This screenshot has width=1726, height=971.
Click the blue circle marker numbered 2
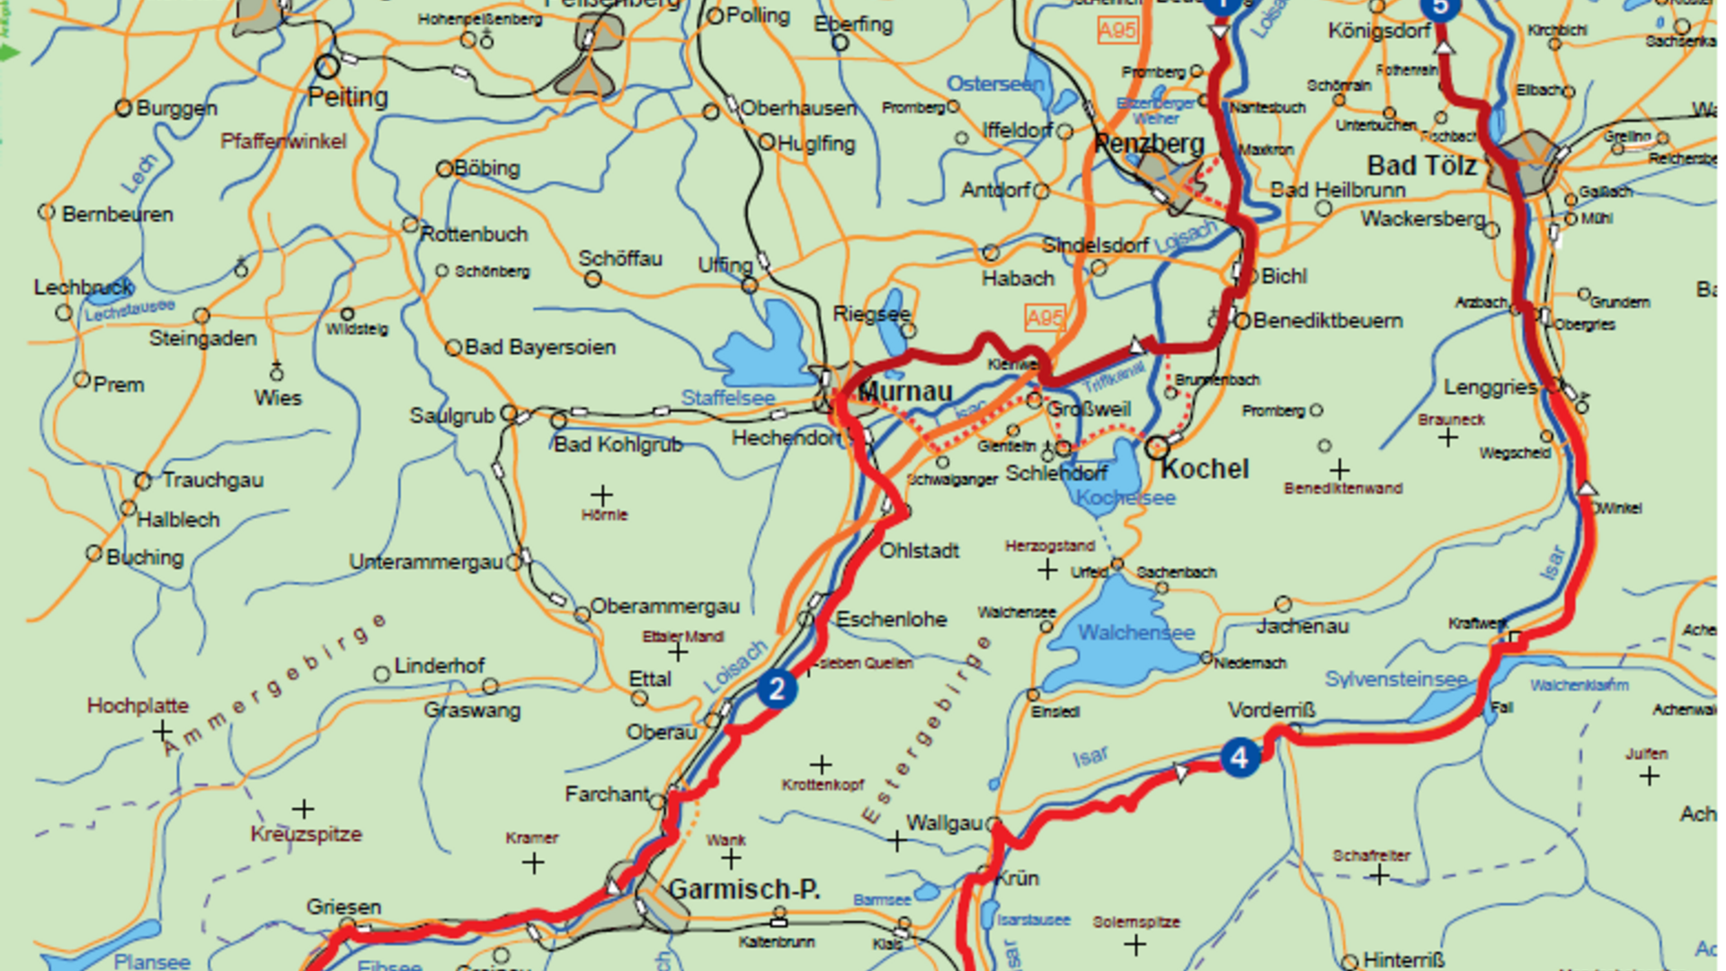[777, 690]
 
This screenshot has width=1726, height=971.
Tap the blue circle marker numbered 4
[1240, 758]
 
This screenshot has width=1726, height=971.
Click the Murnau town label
[905, 392]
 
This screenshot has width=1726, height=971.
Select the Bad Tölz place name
[1422, 166]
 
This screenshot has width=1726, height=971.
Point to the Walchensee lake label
[1136, 633]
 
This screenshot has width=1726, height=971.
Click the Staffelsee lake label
[727, 397]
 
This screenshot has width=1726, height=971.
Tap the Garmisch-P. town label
[744, 889]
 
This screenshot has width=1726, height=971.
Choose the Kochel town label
[1205, 469]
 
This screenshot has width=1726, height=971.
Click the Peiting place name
[348, 97]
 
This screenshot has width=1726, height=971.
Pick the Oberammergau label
[665, 607]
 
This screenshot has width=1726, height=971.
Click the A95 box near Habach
[1045, 317]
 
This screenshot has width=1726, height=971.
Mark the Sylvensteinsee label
[1395, 680]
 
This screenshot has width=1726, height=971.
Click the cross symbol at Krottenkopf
[821, 765]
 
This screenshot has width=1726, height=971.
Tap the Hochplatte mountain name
[138, 706]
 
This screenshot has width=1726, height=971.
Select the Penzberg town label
[1149, 144]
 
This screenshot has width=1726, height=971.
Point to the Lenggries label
[1490, 388]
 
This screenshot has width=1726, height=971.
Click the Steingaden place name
[202, 339]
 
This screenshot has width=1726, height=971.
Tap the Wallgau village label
[944, 824]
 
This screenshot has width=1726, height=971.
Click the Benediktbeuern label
[1328, 321]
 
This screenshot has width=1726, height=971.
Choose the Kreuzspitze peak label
[306, 834]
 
